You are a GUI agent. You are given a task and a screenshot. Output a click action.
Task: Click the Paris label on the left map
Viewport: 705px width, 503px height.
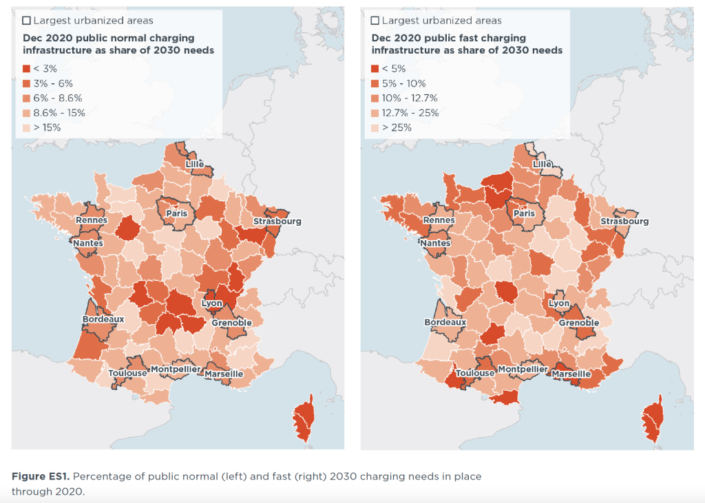click(x=176, y=214)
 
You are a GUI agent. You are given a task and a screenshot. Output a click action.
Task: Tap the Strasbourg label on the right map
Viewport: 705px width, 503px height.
click(x=624, y=222)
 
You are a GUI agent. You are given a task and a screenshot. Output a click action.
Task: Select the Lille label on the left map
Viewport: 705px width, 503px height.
click(x=195, y=164)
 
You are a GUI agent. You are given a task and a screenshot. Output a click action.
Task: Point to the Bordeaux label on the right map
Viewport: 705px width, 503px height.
click(x=445, y=322)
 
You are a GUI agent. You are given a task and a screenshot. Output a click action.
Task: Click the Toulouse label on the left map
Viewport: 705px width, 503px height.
click(x=127, y=373)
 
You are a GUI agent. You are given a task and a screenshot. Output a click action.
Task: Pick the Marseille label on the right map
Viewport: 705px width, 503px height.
click(x=571, y=374)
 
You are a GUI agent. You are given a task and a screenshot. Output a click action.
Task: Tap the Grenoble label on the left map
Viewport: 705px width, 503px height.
click(x=231, y=323)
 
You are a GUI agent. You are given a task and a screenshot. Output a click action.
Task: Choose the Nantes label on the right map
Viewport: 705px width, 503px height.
click(x=435, y=243)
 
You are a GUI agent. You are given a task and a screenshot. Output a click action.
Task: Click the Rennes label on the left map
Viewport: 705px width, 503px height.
click(x=91, y=220)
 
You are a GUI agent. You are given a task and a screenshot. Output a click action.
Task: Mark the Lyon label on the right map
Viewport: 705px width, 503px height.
click(x=559, y=303)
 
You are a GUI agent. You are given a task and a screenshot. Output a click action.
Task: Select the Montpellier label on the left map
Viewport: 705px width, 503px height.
click(x=176, y=370)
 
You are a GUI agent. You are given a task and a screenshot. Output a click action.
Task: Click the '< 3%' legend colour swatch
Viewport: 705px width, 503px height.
click(x=27, y=69)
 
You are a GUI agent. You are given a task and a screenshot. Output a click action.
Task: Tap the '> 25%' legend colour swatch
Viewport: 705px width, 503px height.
click(x=375, y=128)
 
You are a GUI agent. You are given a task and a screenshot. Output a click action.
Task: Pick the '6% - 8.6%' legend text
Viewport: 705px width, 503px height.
click(x=58, y=98)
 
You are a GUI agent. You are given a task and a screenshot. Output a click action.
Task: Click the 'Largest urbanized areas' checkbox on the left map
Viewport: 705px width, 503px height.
click(x=27, y=21)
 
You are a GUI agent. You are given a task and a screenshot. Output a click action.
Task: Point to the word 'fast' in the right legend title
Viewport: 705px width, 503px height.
click(x=479, y=38)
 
